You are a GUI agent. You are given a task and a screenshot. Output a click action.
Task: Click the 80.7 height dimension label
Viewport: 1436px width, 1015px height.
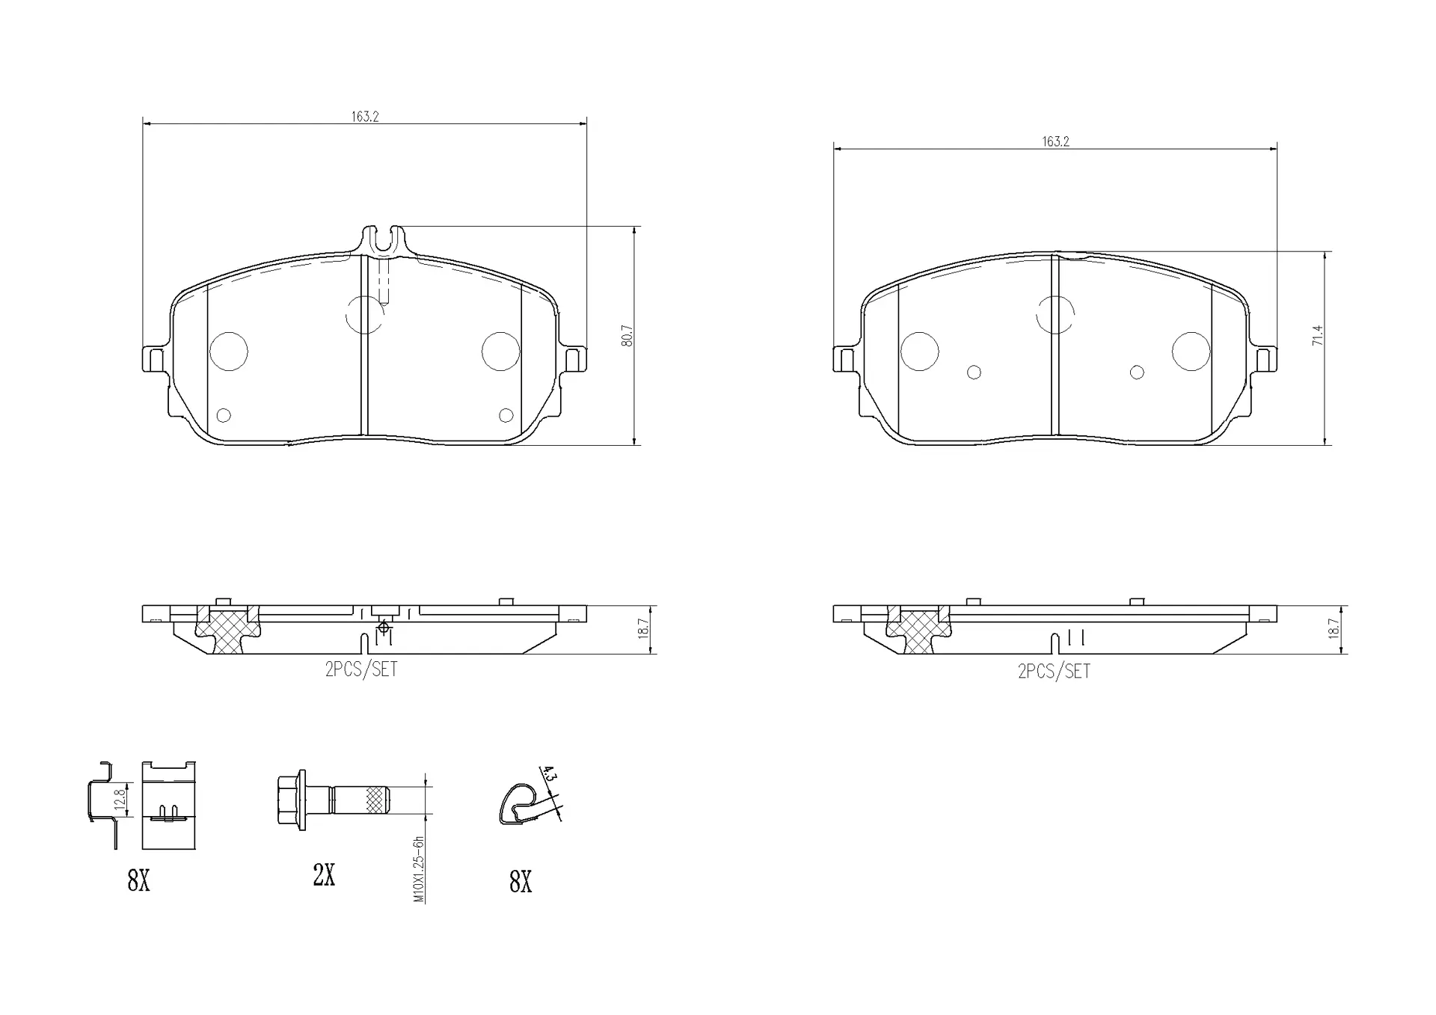click(x=628, y=335)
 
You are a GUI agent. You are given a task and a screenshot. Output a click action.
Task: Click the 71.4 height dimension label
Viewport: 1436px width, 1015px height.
click(x=1318, y=335)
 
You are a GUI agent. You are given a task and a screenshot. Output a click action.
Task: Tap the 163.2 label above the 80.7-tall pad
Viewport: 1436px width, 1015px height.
click(x=365, y=117)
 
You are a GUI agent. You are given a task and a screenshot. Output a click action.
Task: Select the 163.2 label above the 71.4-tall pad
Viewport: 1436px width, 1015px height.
click(x=1055, y=141)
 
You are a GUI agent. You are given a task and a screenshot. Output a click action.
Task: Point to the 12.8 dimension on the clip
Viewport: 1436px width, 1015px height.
click(x=120, y=800)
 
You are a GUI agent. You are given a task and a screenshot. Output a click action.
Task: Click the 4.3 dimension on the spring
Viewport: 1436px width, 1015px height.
click(x=549, y=774)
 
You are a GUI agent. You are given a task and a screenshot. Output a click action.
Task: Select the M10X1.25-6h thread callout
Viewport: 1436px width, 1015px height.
click(x=419, y=869)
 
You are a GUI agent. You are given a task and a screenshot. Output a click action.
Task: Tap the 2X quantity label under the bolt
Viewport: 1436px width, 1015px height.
click(x=324, y=874)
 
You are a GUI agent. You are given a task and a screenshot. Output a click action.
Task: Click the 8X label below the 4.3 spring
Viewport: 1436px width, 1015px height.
click(x=521, y=883)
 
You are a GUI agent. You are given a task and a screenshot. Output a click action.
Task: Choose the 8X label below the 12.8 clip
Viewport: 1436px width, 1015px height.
click(x=138, y=881)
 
